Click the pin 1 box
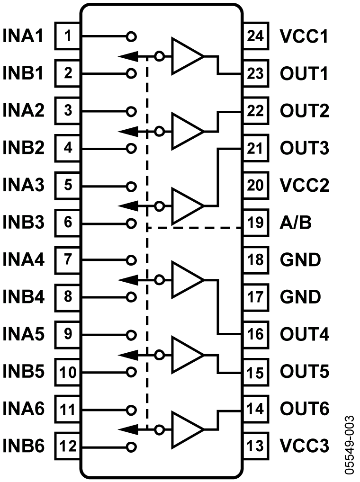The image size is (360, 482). [68, 36]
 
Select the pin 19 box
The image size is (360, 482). [256, 223]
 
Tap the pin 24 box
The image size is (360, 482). [256, 36]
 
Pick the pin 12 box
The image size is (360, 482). [68, 446]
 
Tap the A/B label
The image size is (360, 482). [296, 223]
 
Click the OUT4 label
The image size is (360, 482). [304, 334]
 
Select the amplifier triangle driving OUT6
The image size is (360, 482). [186, 429]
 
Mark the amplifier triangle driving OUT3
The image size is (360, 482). [186, 206]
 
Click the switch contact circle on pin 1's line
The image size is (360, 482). [132, 36]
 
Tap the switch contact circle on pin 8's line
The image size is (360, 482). [132, 297]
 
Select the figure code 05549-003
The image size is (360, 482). [349, 445]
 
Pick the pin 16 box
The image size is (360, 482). [256, 334]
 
